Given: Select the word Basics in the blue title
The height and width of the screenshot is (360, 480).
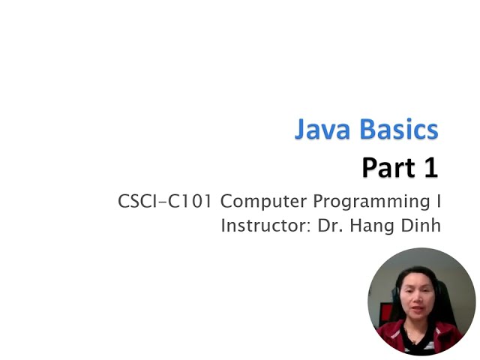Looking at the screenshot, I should point(399,129).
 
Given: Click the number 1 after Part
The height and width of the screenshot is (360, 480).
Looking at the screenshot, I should point(430,167).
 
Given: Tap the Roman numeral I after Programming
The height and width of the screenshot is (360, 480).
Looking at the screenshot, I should point(438,202).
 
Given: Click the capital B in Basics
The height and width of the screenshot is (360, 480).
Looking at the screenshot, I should point(367,129).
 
